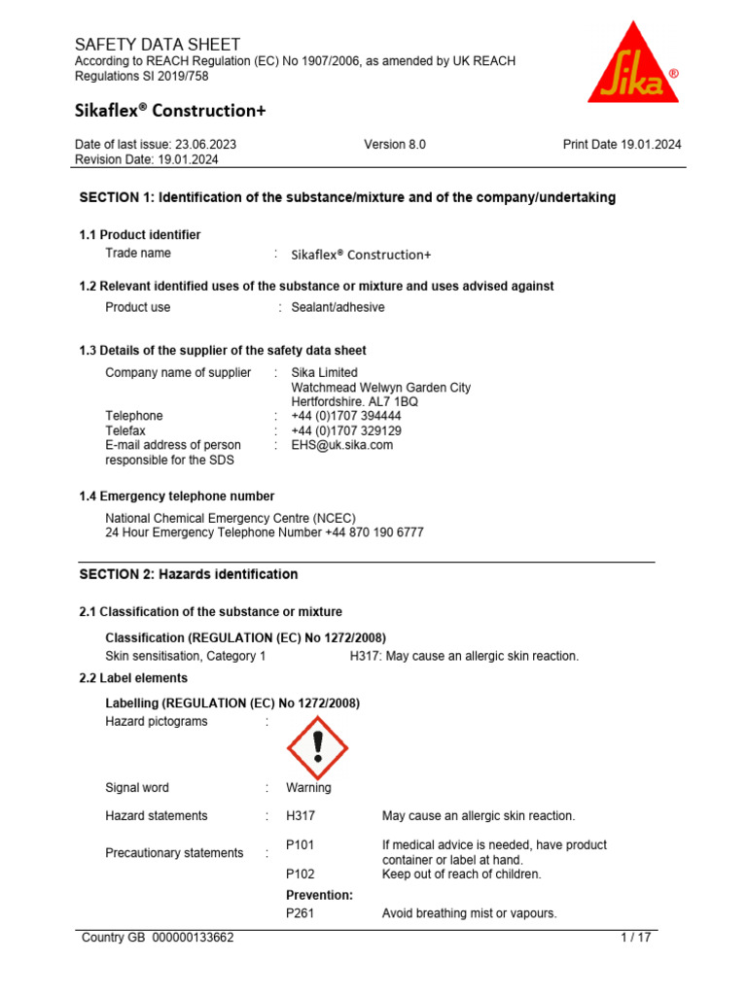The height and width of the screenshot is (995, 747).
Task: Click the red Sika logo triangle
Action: [x=633, y=66]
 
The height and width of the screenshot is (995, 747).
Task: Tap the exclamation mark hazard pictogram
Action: [x=317, y=747]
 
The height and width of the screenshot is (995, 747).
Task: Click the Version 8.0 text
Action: [x=395, y=145]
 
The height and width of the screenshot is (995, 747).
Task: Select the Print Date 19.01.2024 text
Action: [x=622, y=145]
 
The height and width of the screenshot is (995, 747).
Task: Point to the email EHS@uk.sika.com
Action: [x=342, y=445]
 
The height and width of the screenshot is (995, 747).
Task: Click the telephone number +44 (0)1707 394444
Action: [x=346, y=416]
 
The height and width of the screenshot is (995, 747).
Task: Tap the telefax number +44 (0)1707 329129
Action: [x=346, y=430]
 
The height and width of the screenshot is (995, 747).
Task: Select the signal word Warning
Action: [x=308, y=788]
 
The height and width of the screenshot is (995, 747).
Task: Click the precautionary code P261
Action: [x=300, y=913]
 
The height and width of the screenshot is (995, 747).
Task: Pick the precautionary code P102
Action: [x=300, y=875]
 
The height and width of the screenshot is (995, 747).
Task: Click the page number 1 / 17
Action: [x=636, y=938]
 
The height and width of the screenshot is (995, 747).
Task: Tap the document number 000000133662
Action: [x=194, y=938]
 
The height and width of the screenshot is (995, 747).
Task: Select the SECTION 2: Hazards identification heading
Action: [x=189, y=574]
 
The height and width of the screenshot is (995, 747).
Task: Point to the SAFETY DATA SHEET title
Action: [x=158, y=45]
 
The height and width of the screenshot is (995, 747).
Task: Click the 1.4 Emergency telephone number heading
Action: [x=176, y=497]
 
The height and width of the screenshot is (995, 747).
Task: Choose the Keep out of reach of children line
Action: [x=462, y=875]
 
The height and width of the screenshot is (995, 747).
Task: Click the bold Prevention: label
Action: [x=319, y=895]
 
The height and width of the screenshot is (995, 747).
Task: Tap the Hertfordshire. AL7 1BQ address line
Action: [x=355, y=401]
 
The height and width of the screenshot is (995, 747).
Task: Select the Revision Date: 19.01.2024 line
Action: [x=147, y=159]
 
